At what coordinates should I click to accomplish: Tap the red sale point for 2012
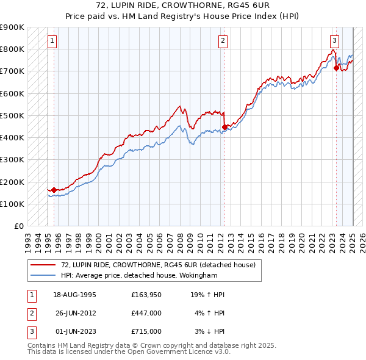[224, 127]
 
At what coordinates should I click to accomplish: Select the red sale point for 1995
[54, 190]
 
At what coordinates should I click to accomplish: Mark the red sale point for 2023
[336, 68]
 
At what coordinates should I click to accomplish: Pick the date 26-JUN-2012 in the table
[74, 313]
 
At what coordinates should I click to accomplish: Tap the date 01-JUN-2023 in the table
[74, 331]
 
